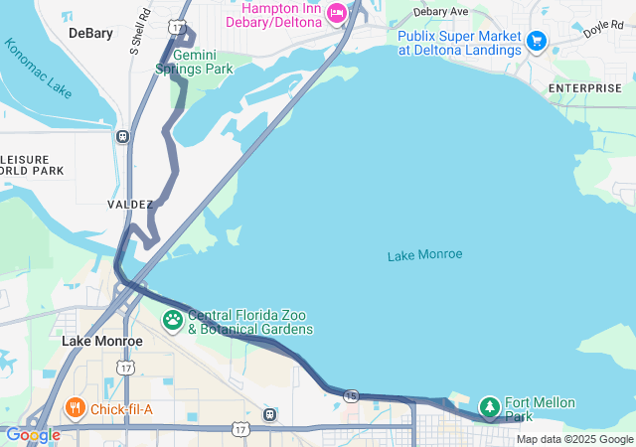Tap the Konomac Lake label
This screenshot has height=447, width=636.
point(38,69)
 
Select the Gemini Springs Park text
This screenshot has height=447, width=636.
point(194,62)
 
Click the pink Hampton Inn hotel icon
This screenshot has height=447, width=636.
point(335,13)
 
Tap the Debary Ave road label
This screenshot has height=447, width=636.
point(440,12)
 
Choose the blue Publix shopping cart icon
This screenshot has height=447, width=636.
point(537,41)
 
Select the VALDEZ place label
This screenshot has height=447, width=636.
point(130,204)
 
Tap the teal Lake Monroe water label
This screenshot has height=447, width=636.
point(424,255)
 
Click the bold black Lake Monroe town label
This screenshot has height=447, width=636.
point(102,341)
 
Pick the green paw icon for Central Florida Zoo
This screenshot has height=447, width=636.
point(173,320)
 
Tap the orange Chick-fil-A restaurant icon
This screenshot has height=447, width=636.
point(76,407)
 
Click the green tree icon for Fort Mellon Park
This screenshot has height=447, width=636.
point(489,406)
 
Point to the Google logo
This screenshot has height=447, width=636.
point(33,435)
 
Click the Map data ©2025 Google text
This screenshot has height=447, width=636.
point(573,439)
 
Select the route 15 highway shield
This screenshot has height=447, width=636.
point(351,395)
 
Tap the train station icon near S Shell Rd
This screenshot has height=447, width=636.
point(122,137)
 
